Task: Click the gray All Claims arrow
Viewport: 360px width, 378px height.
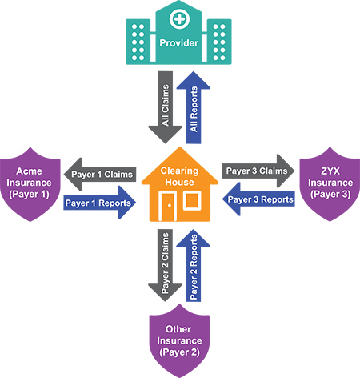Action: (x=166, y=107)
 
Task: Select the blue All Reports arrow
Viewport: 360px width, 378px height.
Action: (x=194, y=107)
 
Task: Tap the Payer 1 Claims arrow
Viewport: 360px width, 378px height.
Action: (x=100, y=175)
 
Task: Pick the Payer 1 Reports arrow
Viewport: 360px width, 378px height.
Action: (x=100, y=203)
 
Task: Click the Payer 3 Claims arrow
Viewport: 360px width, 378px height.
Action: (x=258, y=171)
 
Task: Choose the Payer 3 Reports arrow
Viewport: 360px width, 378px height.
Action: (x=258, y=199)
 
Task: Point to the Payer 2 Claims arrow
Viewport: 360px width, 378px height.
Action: (x=166, y=265)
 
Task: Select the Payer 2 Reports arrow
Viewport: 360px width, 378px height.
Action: (x=194, y=265)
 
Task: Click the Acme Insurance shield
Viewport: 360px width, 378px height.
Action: (x=30, y=184)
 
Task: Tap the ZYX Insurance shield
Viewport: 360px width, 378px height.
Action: (x=330, y=184)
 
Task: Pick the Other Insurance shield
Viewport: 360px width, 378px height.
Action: (x=179, y=340)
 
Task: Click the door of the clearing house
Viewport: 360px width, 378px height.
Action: (x=168, y=206)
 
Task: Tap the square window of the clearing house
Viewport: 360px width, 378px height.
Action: (x=192, y=200)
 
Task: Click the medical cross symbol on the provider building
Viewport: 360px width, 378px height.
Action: (x=180, y=19)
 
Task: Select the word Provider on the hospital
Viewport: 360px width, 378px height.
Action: (x=179, y=43)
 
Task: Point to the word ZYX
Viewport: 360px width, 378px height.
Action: (x=330, y=171)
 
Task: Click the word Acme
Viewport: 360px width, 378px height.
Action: (x=29, y=171)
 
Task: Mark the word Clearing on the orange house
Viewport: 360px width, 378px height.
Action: (x=179, y=171)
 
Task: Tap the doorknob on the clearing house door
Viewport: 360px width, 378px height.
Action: (x=170, y=206)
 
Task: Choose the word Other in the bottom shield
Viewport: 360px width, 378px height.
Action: (x=178, y=329)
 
